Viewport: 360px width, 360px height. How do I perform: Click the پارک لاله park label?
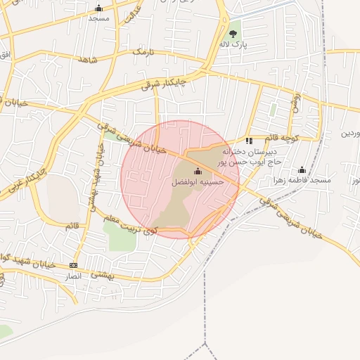pos(233,44)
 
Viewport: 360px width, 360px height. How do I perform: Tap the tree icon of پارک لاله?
pos(233,32)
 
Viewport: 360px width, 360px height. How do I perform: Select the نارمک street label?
pos(141,52)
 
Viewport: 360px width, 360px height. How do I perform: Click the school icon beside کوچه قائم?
pos(249,141)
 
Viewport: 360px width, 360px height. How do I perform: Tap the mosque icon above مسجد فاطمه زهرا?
pos(302,169)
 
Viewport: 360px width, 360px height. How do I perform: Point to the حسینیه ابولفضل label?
pos(198,181)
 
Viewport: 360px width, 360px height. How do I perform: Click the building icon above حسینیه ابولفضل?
pos(198,172)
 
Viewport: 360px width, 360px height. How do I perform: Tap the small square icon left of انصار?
pos(73,265)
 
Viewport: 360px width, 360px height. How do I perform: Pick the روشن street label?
pos(295,103)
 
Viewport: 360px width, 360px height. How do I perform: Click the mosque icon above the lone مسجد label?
pos(98,8)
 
